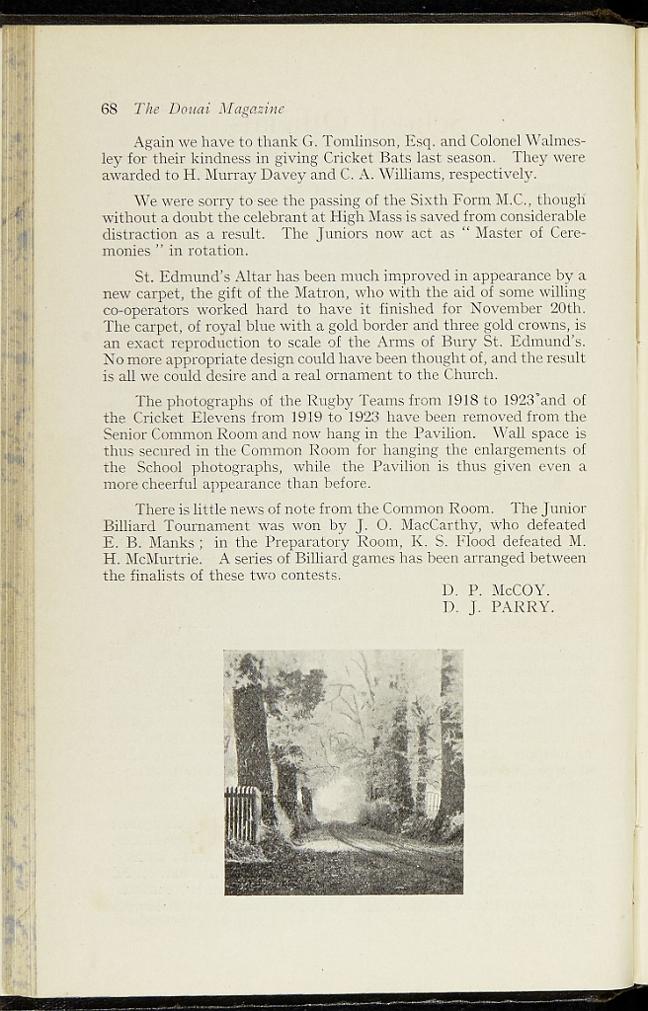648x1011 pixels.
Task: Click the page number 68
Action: click(109, 109)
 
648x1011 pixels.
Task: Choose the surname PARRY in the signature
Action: click(523, 607)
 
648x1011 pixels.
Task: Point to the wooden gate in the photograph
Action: click(241, 813)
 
